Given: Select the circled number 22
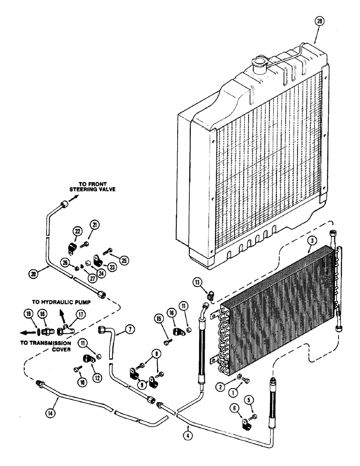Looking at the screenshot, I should pyautogui.click(x=77, y=231).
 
